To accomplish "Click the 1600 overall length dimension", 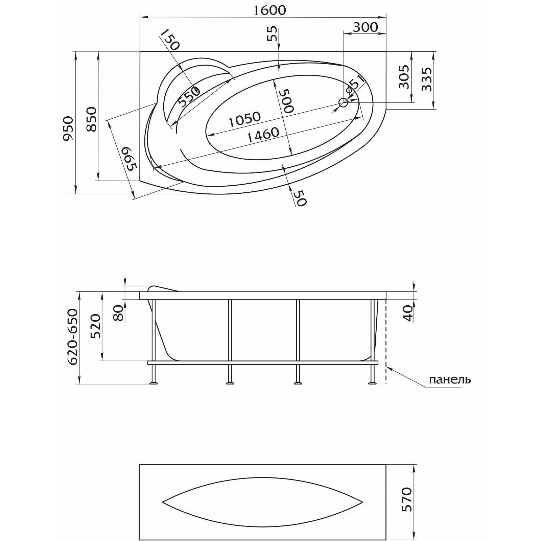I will pos(269,10).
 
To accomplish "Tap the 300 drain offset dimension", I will pos(365,27).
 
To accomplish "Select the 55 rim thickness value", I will pos(272,33).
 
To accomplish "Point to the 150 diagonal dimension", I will pos(170,40).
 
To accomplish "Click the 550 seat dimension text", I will pos(189,97).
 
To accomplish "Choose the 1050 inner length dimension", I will pos(244,119).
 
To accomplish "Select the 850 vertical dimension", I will pos(91,119).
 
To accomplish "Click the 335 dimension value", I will pos(427,79).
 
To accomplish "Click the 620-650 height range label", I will pos(72,336).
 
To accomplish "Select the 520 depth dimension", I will pos(95,326).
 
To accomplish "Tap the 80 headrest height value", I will pos(118,313).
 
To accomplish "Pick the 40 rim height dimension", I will pos(409,313).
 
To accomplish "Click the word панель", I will pos(449,380).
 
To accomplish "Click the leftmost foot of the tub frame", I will pos(154,383).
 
